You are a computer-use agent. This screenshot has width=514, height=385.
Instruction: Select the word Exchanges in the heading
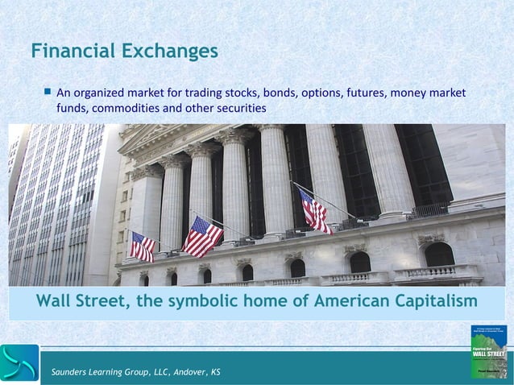[x=172, y=52]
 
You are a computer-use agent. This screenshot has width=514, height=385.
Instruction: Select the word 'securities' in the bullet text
[x=240, y=109]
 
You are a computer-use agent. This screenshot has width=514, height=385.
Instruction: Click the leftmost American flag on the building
[x=143, y=246]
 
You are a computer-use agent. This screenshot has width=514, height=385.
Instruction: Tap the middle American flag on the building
[x=201, y=236]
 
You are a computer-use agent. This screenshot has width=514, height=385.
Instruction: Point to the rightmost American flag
[x=314, y=212]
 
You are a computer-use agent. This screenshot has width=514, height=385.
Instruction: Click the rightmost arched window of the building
[x=440, y=255]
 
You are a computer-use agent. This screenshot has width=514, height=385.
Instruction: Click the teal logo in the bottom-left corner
[x=19, y=363]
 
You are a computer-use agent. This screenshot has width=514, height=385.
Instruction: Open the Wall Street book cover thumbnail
[x=488, y=352]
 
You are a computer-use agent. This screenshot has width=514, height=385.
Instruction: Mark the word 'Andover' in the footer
[x=184, y=371]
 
